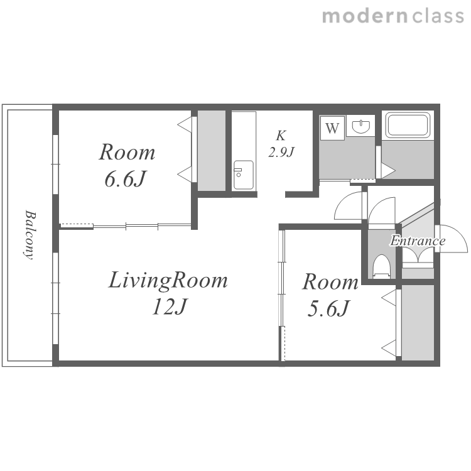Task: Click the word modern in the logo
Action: (365, 16)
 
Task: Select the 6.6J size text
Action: (125, 180)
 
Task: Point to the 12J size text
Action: (170, 306)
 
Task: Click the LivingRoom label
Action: (168, 281)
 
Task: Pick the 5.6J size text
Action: (328, 308)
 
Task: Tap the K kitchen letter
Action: (281, 136)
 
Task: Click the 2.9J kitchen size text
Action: (281, 152)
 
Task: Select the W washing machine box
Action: (332, 128)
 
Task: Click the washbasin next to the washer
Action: (360, 126)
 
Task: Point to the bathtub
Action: (408, 125)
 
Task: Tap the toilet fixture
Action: (381, 266)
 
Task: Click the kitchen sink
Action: (244, 175)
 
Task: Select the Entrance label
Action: (418, 241)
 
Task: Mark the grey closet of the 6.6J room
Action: (212, 151)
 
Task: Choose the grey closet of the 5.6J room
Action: (418, 322)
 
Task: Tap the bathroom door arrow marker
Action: (388, 171)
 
